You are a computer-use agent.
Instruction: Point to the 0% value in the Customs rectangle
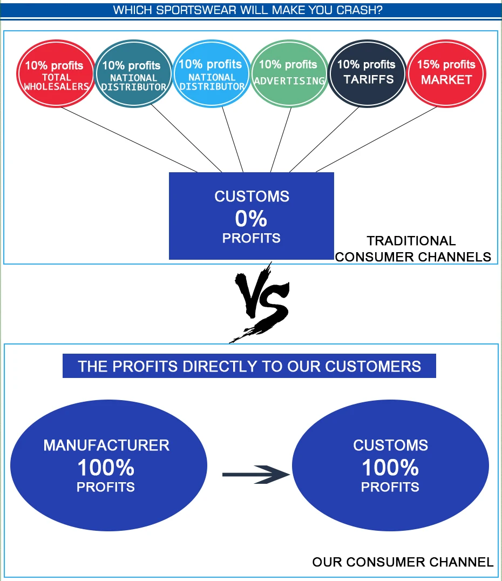(251, 219)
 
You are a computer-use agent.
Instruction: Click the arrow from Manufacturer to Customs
(256, 475)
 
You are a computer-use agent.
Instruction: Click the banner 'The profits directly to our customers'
(249, 366)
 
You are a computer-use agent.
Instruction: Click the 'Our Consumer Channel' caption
(403, 562)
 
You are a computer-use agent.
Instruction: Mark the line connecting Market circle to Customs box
(378, 139)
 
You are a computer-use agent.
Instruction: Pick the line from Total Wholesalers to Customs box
(130, 139)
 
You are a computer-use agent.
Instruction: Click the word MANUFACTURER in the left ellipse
(106, 445)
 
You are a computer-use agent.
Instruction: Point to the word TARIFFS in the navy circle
(369, 80)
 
